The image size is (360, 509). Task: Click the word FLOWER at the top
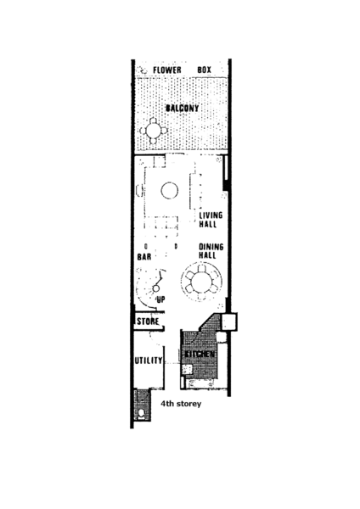[x=167, y=70]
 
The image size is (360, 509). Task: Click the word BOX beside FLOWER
[x=205, y=70]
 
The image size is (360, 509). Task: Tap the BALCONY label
[x=182, y=108]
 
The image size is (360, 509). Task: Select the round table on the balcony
[x=154, y=131]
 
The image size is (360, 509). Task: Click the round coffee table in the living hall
[x=170, y=191]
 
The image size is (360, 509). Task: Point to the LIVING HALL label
[x=211, y=220]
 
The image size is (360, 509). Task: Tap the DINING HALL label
[x=211, y=251]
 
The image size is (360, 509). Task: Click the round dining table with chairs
[x=202, y=282]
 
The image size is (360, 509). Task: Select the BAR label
[x=144, y=257]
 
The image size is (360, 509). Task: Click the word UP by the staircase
[x=160, y=299]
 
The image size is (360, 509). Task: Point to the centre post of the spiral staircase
[x=156, y=288]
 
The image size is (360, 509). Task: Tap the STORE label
[x=148, y=322]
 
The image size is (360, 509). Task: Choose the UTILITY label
[x=148, y=361]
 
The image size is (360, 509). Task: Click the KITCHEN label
[x=200, y=354]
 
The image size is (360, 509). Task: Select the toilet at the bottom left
[x=141, y=414]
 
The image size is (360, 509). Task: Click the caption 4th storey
[x=181, y=404]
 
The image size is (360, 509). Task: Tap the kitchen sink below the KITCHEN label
[x=187, y=369]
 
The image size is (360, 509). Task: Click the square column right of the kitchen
[x=229, y=322]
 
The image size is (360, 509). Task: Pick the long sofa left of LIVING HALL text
[x=195, y=191]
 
